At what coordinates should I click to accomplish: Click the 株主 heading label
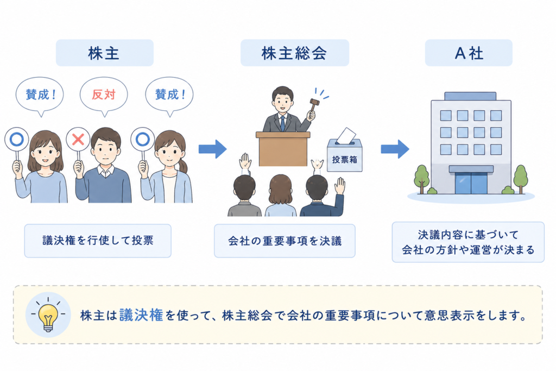pos(105,53)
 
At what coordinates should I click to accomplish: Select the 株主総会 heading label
pos(295,53)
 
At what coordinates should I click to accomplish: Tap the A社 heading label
pos(469,53)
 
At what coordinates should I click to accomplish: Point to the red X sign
pos(78,140)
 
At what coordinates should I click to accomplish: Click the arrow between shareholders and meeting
pos(212,149)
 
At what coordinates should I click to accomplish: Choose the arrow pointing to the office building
pos(395,149)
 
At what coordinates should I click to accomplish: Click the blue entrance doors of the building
pos(471,183)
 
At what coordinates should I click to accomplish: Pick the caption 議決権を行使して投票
pos(98,241)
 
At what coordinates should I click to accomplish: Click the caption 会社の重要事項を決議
pos(285,241)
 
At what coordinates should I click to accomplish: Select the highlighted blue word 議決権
pos(141,315)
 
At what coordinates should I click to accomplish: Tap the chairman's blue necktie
pos(282,123)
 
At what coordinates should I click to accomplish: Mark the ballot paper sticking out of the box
pos(346,135)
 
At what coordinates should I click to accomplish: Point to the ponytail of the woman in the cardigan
pos(182,166)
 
